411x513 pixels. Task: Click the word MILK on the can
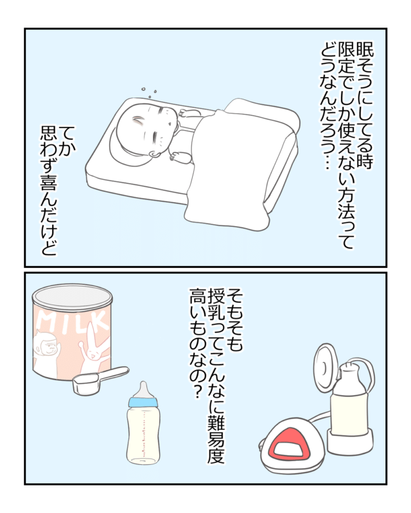(x=73, y=321)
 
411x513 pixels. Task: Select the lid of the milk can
(x=72, y=296)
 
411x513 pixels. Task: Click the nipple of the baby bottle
(x=143, y=389)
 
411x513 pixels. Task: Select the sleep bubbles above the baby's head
(x=149, y=92)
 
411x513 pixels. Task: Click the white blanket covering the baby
(x=236, y=164)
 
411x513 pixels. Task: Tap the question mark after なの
(x=197, y=392)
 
